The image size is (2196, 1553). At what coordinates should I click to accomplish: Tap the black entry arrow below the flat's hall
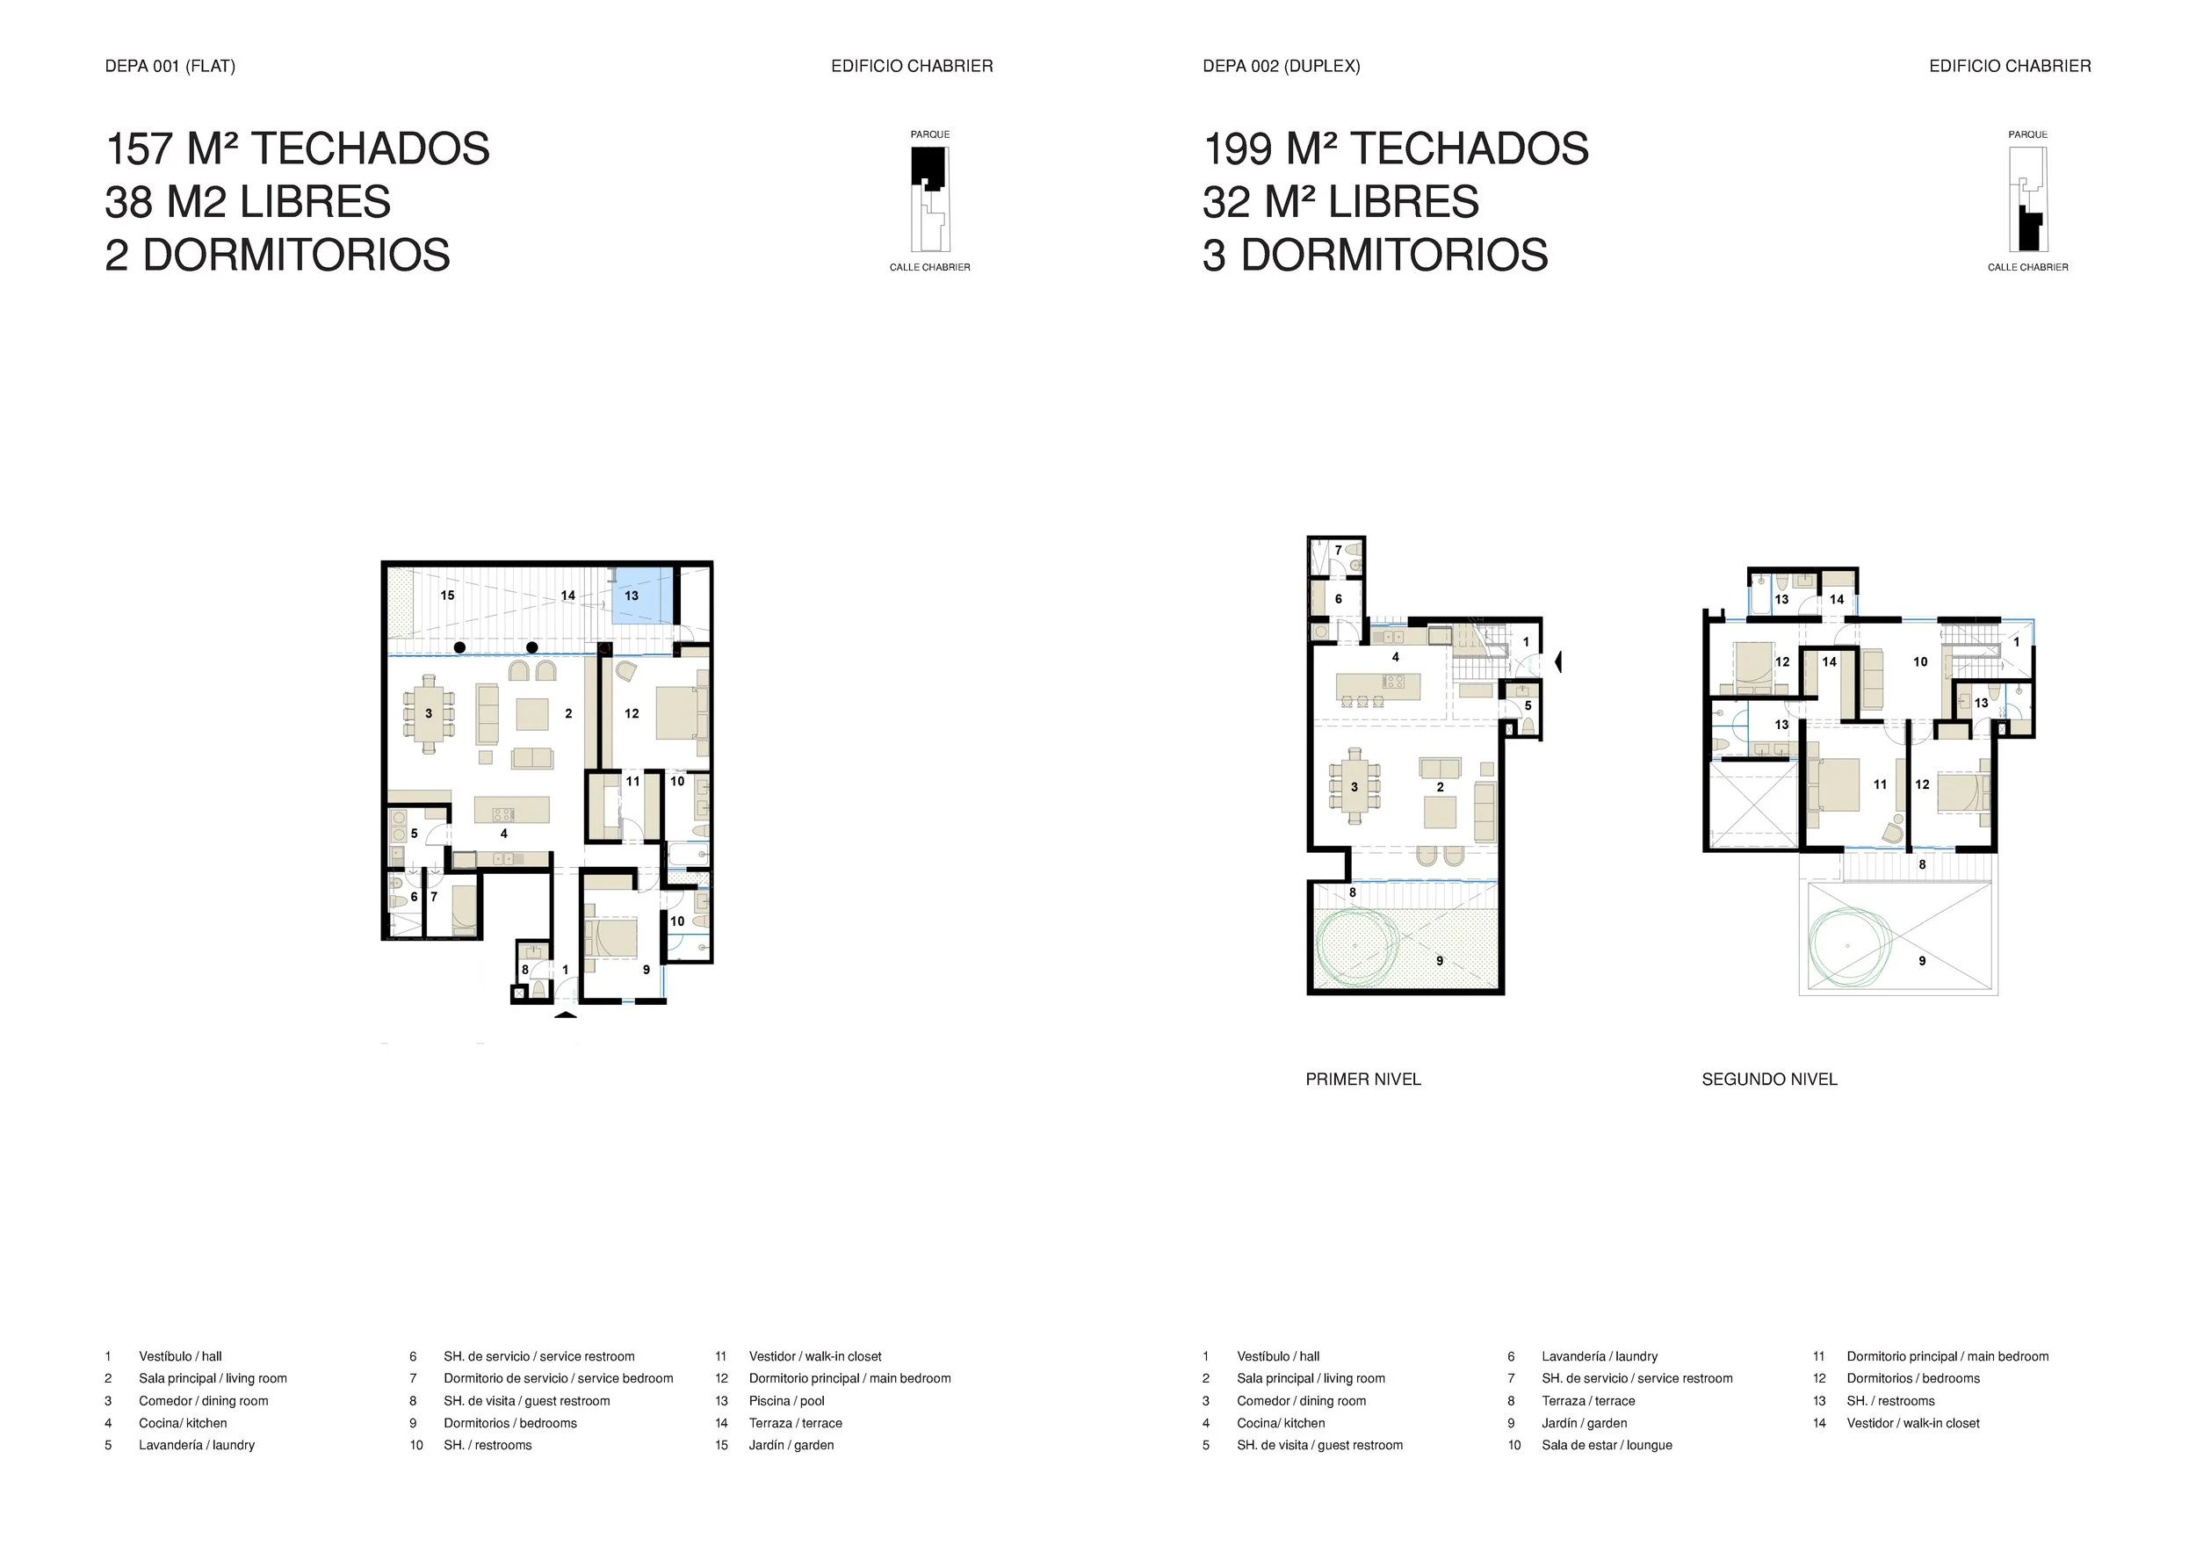566,1014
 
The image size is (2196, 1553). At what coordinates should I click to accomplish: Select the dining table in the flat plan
429,713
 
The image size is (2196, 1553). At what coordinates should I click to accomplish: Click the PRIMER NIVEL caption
1363,1080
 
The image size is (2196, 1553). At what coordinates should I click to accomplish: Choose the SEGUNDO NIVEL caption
1769,1080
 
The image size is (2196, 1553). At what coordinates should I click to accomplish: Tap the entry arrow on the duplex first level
1558,661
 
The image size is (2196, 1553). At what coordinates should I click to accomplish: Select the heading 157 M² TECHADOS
298,149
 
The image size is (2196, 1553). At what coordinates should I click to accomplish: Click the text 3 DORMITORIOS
1376,256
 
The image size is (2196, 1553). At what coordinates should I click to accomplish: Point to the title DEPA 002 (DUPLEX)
1282,66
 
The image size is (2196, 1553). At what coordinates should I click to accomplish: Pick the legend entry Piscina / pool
786,1401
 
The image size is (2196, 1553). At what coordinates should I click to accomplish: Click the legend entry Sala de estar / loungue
1607,1445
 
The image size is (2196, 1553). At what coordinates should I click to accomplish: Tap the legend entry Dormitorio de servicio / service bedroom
559,1378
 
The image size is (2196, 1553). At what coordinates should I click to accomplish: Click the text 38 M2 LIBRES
248,202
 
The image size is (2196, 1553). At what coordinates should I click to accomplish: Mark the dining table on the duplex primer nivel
1354,786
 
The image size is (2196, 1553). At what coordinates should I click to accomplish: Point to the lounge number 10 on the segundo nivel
1920,661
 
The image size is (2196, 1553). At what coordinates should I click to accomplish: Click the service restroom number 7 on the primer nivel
1338,550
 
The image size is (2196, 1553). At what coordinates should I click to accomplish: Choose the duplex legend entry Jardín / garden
1584,1423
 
